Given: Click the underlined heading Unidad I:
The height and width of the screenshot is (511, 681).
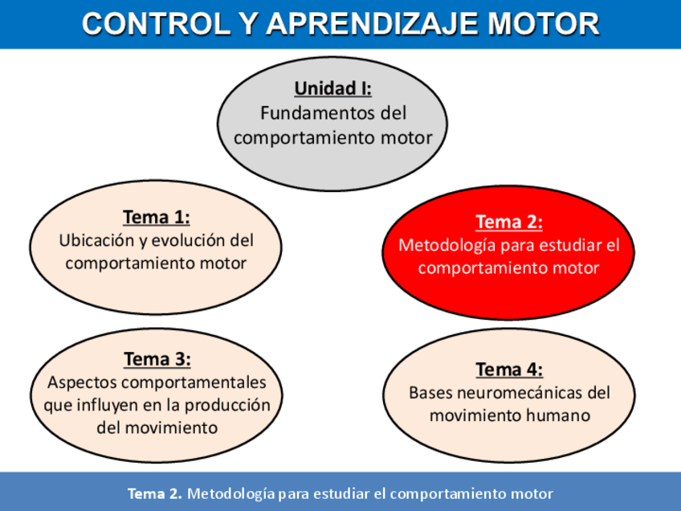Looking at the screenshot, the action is [332, 88].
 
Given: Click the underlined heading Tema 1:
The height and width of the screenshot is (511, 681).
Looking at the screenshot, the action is [156, 217].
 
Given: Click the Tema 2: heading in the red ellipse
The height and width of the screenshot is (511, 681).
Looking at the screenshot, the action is [508, 222].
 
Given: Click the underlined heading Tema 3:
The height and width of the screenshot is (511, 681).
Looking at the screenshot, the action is [157, 359].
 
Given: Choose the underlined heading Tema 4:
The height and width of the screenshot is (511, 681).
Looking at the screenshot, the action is [508, 370].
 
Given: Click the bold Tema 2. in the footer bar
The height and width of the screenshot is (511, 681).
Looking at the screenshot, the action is [155, 493].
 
